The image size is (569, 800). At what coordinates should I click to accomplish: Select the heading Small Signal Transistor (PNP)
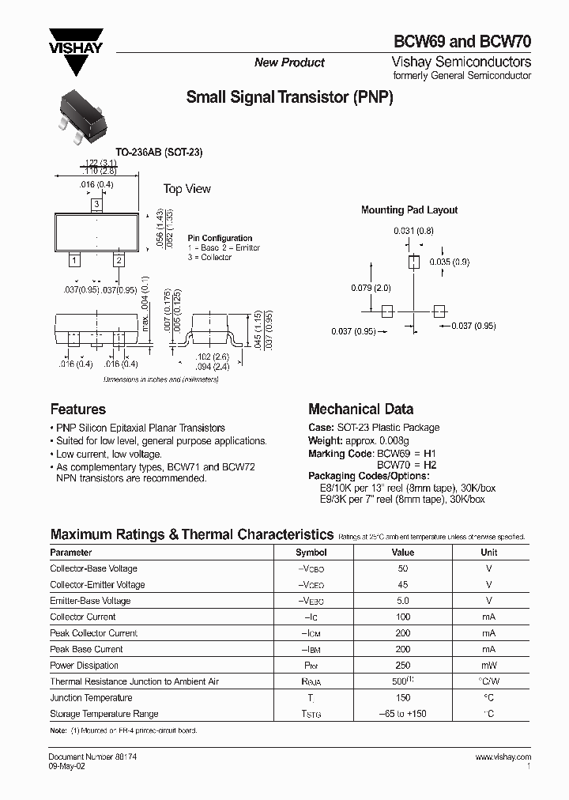click(x=289, y=98)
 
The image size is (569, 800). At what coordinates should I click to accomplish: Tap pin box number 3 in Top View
click(x=96, y=206)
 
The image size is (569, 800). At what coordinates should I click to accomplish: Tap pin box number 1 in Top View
click(x=73, y=259)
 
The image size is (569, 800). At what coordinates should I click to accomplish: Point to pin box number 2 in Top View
click(x=119, y=259)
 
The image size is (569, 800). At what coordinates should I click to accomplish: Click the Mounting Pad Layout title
click(x=409, y=210)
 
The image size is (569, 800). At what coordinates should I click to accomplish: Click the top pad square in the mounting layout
click(x=413, y=262)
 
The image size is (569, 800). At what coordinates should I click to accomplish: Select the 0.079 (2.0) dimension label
click(x=371, y=288)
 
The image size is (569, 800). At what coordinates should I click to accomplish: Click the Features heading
click(x=77, y=409)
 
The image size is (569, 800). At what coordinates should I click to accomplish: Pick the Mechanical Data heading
click(x=360, y=409)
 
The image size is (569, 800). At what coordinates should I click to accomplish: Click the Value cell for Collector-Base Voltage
click(x=403, y=568)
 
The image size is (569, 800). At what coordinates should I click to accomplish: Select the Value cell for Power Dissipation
click(x=403, y=666)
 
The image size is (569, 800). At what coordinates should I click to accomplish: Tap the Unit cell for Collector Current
click(x=489, y=617)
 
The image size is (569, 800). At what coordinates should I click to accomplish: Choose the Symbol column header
click(x=311, y=553)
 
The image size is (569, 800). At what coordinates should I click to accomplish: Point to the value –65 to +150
click(x=403, y=714)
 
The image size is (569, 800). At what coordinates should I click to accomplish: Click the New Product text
click(x=289, y=62)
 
